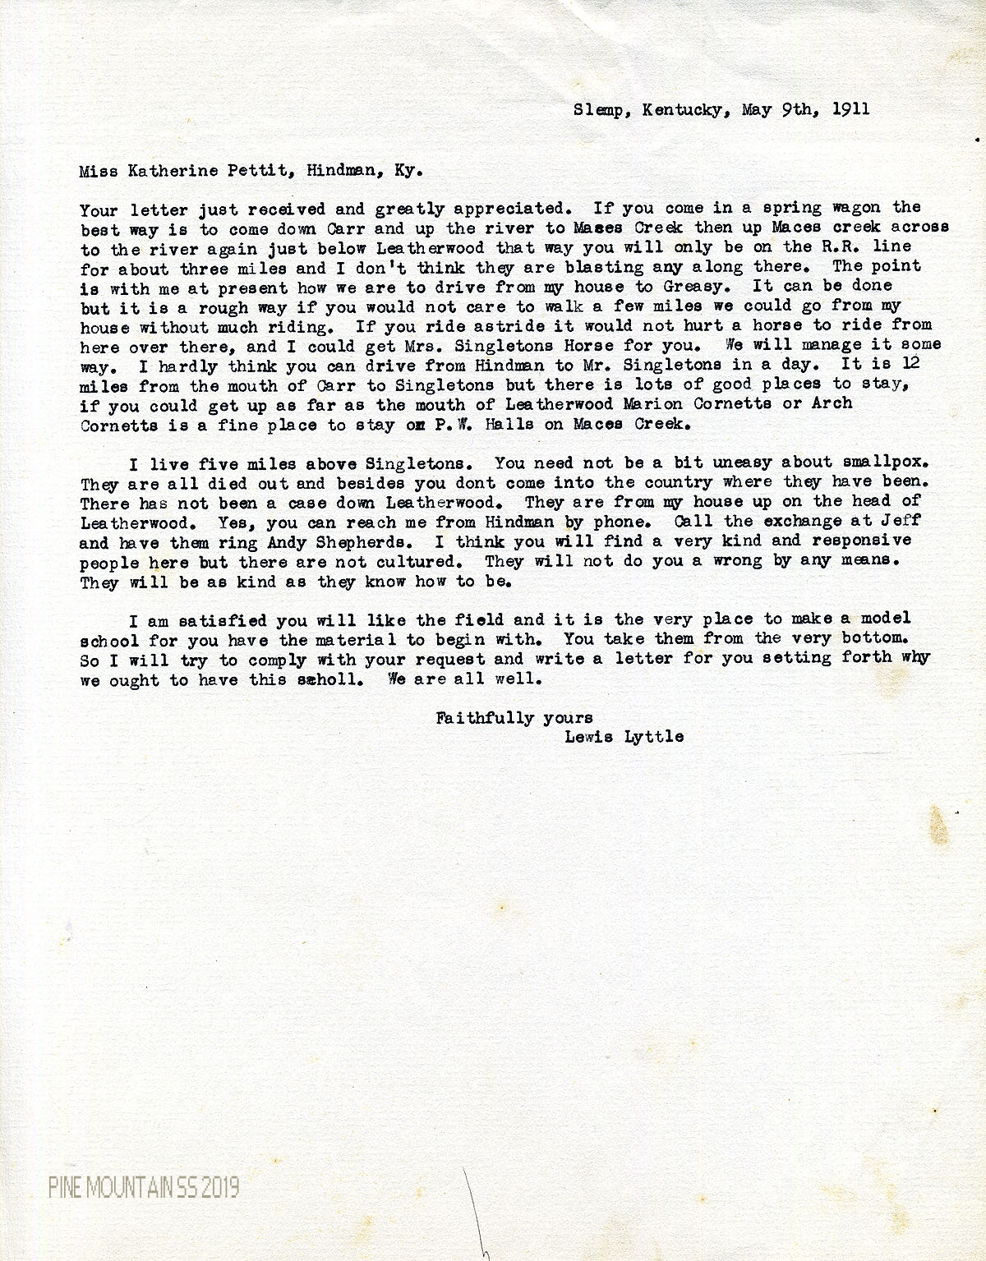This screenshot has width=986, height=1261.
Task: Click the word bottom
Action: click(x=879, y=638)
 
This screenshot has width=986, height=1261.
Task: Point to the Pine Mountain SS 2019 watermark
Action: click(x=144, y=1186)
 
